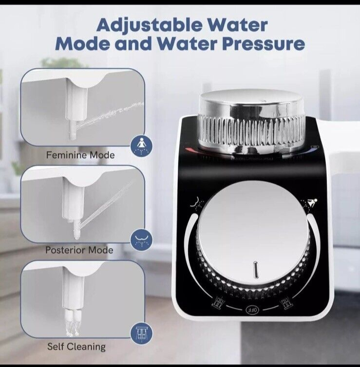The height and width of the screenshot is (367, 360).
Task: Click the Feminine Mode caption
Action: [80, 155]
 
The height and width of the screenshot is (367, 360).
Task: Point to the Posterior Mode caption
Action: [79, 250]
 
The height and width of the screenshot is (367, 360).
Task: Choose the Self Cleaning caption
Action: [76, 347]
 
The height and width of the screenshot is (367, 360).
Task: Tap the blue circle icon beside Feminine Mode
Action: [141, 146]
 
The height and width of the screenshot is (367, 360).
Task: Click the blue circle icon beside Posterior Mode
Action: [141, 240]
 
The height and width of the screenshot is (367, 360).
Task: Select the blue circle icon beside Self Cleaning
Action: [141, 334]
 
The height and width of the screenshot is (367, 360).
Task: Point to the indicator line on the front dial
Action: [256, 270]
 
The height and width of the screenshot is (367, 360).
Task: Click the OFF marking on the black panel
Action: [252, 310]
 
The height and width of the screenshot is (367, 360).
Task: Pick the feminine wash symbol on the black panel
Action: [309, 203]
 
